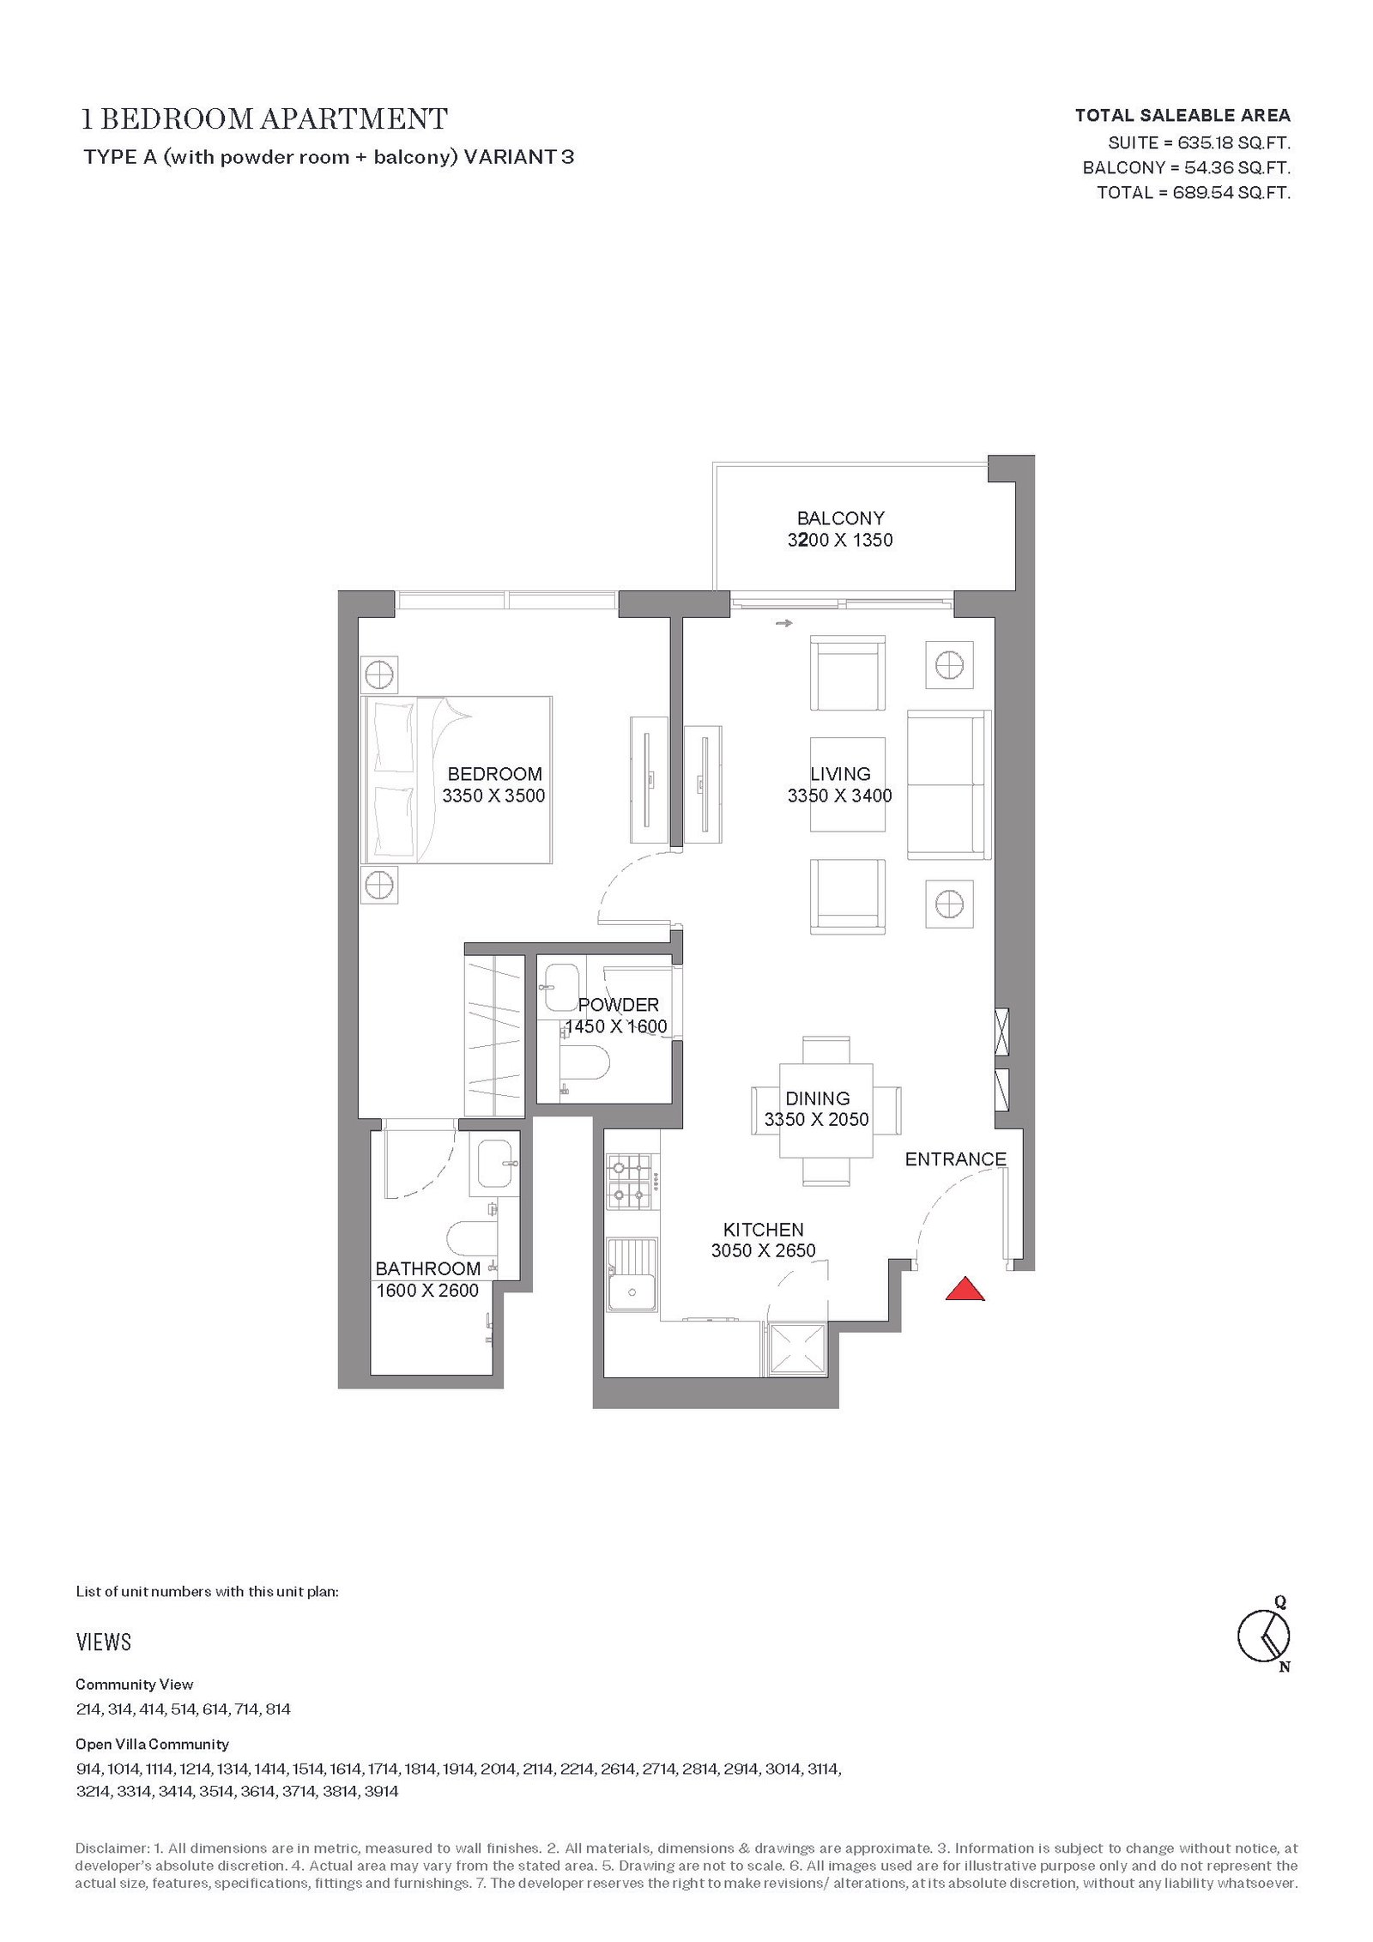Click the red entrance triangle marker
pyautogui.click(x=965, y=1289)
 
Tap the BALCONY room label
pyautogui.click(x=840, y=518)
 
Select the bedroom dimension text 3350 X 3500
pyautogui.click(x=493, y=796)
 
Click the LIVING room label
pyautogui.click(x=840, y=774)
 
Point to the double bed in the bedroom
pyautogui.click(x=457, y=779)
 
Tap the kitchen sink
pyautogui.click(x=632, y=1274)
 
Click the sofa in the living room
pyautogui.click(x=949, y=784)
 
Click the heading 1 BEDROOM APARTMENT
pyautogui.click(x=264, y=119)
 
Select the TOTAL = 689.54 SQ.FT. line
pyautogui.click(x=1194, y=192)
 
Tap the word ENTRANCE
pyautogui.click(x=955, y=1159)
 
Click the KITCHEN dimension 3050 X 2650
pyautogui.click(x=763, y=1251)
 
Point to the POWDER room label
pyautogui.click(x=618, y=1005)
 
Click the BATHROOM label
pyautogui.click(x=427, y=1269)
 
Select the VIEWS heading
pyautogui.click(x=104, y=1643)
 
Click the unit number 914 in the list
pyautogui.click(x=88, y=1770)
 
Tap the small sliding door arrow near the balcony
pyautogui.click(x=783, y=624)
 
